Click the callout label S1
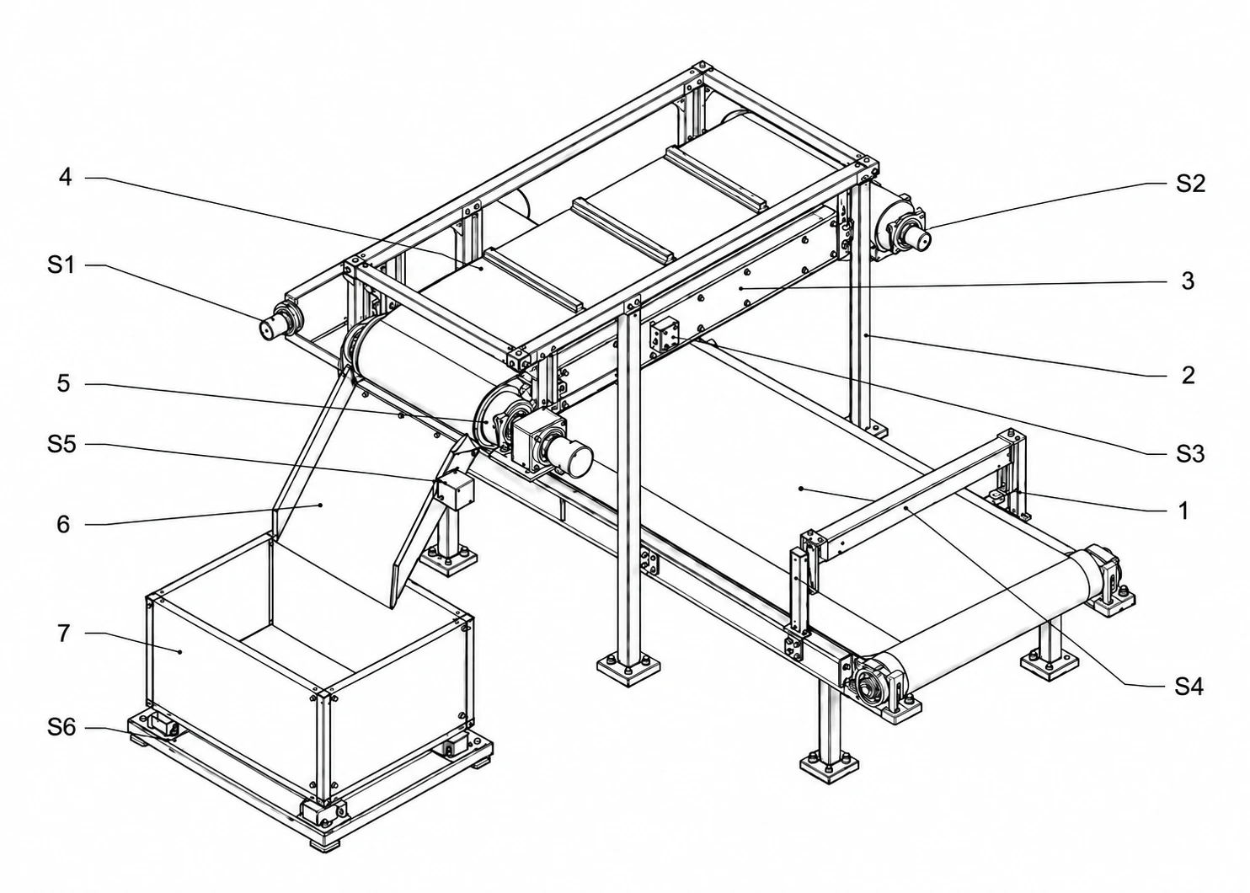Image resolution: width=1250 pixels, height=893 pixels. click(x=61, y=265)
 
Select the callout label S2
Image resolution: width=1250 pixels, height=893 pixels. click(x=1190, y=183)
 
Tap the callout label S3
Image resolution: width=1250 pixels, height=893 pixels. click(x=1190, y=454)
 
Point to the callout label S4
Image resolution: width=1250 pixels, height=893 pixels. click(x=1189, y=687)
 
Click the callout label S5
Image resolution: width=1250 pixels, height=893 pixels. click(x=61, y=444)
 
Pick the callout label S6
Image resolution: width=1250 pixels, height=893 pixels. click(x=61, y=727)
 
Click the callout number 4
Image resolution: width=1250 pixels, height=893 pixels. click(x=66, y=178)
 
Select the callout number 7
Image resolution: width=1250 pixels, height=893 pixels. click(x=64, y=633)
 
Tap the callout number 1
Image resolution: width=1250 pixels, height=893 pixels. click(x=1183, y=511)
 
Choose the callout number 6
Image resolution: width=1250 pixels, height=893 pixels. click(x=64, y=524)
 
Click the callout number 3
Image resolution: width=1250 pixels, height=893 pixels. click(x=1188, y=281)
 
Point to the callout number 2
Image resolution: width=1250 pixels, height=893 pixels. click(x=1188, y=375)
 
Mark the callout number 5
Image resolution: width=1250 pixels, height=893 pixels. click(x=64, y=383)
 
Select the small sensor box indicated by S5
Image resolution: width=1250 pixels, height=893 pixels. click(x=456, y=489)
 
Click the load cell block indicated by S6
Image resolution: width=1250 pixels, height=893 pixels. click(x=163, y=725)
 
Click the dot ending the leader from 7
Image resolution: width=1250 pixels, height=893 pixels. click(x=179, y=651)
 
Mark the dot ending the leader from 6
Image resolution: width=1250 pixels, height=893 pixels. click(x=321, y=505)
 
